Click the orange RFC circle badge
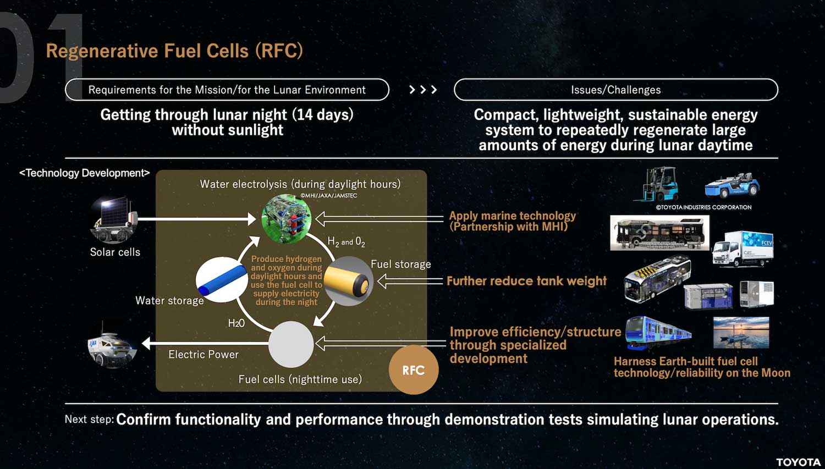pyautogui.click(x=414, y=369)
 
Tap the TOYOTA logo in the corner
pyautogui.click(x=798, y=462)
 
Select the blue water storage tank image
pyautogui.click(x=222, y=280)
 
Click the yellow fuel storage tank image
pyautogui.click(x=348, y=282)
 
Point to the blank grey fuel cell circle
pyautogui.click(x=291, y=344)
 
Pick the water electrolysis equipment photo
pyautogui.click(x=286, y=219)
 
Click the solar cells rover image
pyautogui.click(x=114, y=220)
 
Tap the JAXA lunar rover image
pyautogui.click(x=112, y=345)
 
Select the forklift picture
pyautogui.click(x=656, y=184)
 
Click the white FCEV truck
pyautogui.click(x=743, y=249)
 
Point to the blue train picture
pyautogui.click(x=658, y=333)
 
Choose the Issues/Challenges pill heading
pyautogui.click(x=616, y=90)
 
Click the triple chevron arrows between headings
pyautogui.click(x=423, y=90)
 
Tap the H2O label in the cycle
pyautogui.click(x=236, y=323)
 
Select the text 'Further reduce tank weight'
pyautogui.click(x=526, y=281)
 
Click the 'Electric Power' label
pyautogui.click(x=204, y=355)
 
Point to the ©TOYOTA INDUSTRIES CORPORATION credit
pyautogui.click(x=703, y=207)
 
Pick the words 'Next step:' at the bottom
pyautogui.click(x=89, y=420)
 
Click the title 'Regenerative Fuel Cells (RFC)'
pyautogui.click(x=174, y=51)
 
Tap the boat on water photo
pyautogui.click(x=741, y=333)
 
